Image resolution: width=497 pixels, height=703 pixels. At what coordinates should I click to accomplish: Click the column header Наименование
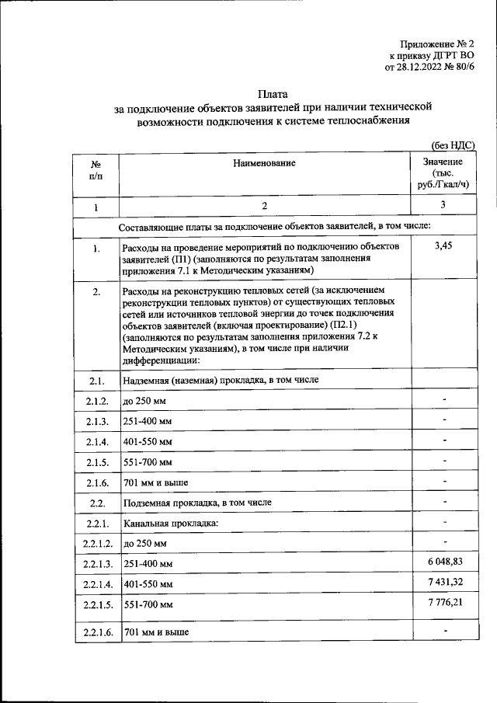(264, 163)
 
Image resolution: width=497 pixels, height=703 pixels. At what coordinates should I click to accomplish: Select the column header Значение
(443, 162)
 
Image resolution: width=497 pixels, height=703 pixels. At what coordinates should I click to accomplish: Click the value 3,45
(443, 246)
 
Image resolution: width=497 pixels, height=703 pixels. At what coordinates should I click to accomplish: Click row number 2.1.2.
(96, 401)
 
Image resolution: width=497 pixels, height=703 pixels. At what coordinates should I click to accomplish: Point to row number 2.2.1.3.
(96, 562)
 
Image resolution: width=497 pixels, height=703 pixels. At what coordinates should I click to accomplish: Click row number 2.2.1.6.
(96, 632)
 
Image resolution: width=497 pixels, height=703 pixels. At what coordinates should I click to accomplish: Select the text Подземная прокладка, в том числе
(197, 503)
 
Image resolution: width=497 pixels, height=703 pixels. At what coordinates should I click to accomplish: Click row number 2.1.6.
(96, 482)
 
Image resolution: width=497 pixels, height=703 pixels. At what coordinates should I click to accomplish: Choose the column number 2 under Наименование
(264, 206)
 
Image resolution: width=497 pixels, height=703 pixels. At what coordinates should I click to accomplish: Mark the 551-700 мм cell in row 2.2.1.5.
(148, 604)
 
